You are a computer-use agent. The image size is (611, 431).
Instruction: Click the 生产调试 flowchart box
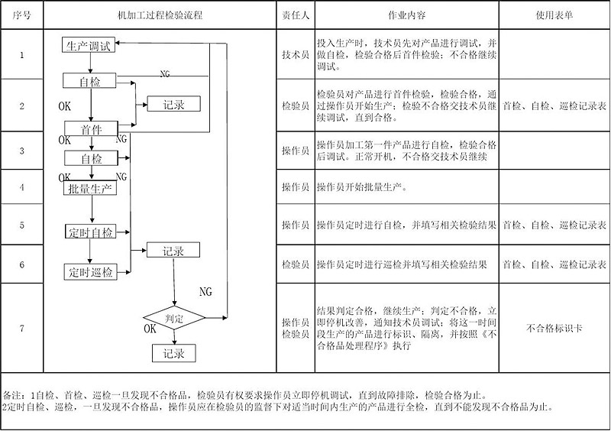[x=88, y=46]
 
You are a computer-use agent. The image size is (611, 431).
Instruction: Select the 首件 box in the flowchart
[x=90, y=129]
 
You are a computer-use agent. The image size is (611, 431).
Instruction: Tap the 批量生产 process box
[x=90, y=188]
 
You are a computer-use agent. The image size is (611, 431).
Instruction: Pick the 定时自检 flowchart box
[x=90, y=232]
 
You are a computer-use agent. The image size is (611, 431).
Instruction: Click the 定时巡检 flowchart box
[x=90, y=272]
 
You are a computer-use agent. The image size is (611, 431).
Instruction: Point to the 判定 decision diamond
[x=174, y=318]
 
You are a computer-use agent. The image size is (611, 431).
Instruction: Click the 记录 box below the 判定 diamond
[x=174, y=354]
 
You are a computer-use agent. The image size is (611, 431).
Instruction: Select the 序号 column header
[x=21, y=15]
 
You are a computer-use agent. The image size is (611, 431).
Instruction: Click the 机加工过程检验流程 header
[x=160, y=15]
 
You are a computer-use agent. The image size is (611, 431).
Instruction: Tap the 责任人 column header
[x=295, y=15]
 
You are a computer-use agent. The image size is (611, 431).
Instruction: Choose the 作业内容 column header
[x=407, y=15]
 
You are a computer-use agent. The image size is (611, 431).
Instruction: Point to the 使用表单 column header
[x=554, y=15]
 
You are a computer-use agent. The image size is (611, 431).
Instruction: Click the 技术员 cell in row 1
[x=295, y=54]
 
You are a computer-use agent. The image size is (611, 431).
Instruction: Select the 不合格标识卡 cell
[x=554, y=329]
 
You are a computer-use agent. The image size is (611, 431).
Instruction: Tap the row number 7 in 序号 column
[x=21, y=329]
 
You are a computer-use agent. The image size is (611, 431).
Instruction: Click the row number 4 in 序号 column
[x=21, y=187]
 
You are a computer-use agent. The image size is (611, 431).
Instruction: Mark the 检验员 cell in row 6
[x=295, y=264]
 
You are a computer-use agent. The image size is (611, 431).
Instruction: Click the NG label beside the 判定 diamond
[x=205, y=292]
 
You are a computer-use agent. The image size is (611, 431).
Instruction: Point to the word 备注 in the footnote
[x=14, y=396]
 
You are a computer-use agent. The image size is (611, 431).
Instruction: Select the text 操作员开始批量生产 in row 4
[x=362, y=187]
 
